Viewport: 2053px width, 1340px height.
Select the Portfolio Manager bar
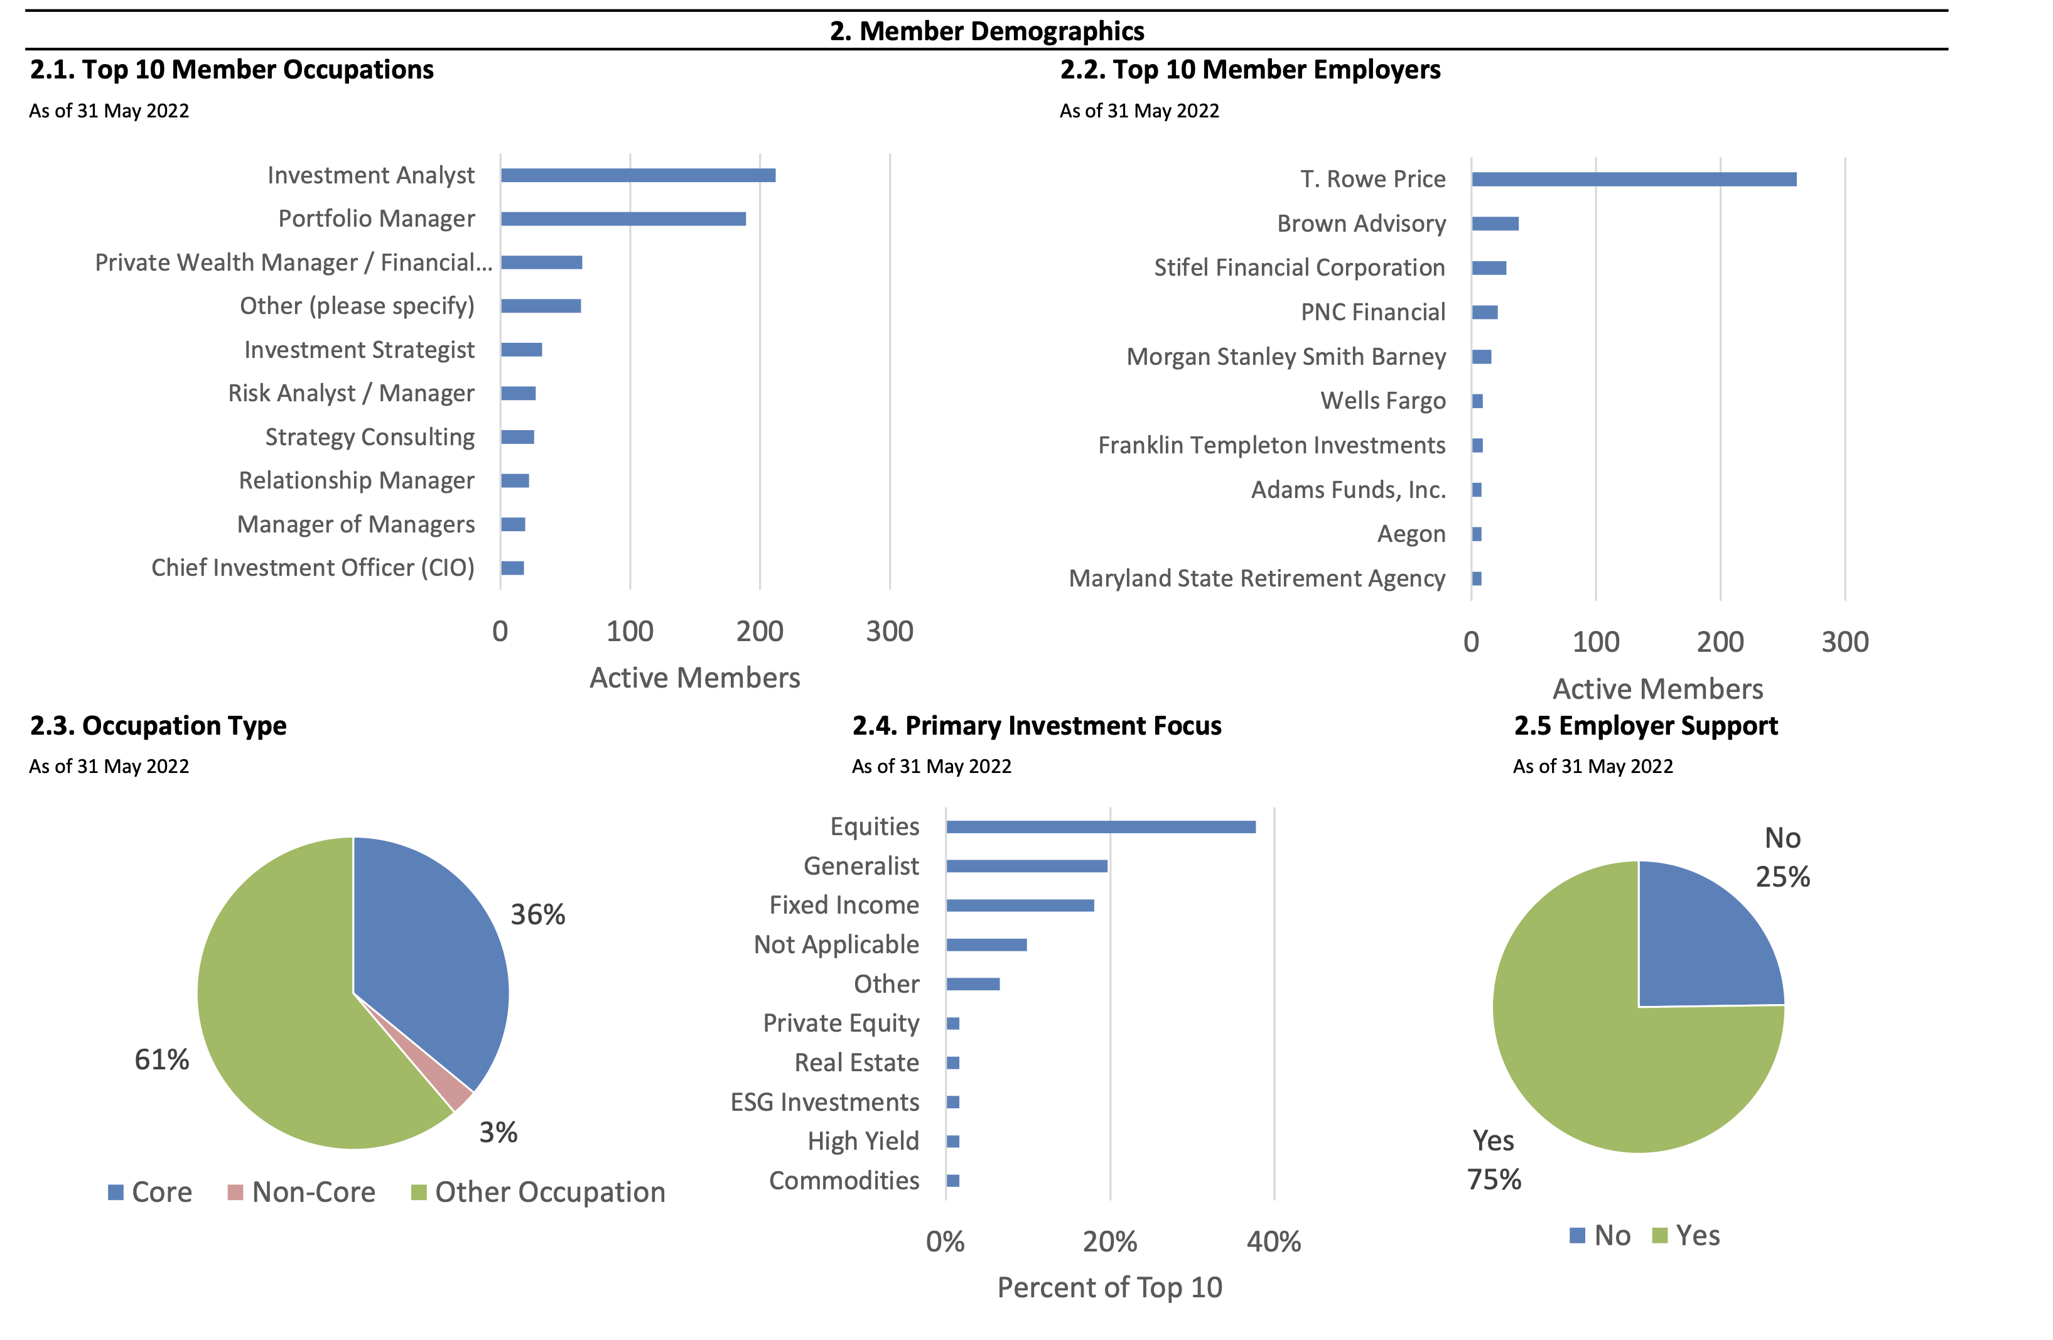[x=623, y=219]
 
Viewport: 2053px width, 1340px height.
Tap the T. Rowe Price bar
[x=1633, y=180]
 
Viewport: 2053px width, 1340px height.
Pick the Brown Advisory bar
[x=1495, y=224]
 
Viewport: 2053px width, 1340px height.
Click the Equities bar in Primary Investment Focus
[x=1100, y=826]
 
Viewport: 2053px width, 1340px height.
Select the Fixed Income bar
[x=1020, y=905]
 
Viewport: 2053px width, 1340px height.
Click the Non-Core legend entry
[x=302, y=1192]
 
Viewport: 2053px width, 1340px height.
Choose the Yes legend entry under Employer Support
[x=1686, y=1236]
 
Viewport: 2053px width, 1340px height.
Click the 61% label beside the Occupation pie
[x=161, y=1059]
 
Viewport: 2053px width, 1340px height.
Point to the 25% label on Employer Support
[x=1782, y=877]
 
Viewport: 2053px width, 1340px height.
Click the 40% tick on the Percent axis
[x=1273, y=1241]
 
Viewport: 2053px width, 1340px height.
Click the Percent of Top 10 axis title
[x=1109, y=1287]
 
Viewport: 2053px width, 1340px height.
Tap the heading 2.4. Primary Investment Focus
[x=1036, y=726]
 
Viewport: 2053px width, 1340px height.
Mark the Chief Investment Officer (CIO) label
[x=313, y=568]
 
